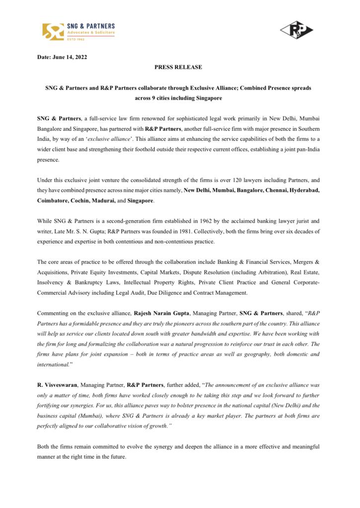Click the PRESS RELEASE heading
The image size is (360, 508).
[178, 67]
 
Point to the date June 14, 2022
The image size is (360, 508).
[71, 57]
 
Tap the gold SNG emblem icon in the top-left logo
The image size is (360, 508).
[53, 31]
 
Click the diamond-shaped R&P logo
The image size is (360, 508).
[296, 30]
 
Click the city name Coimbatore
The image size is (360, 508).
[54, 200]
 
